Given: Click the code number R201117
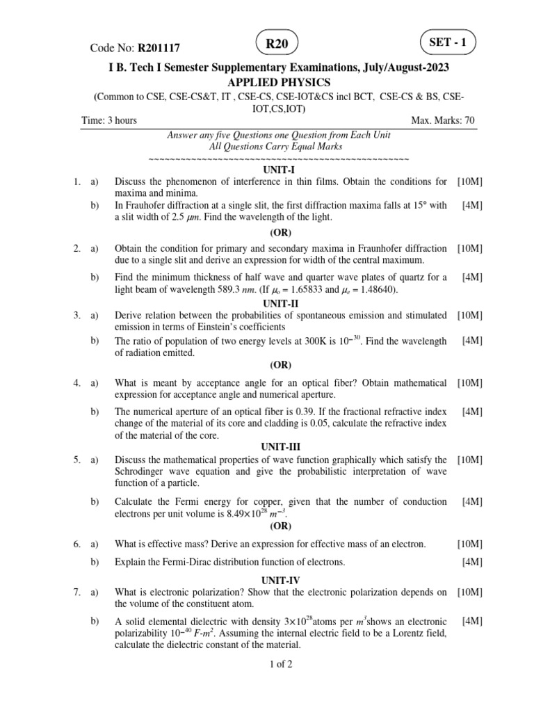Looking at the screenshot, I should coord(159,48).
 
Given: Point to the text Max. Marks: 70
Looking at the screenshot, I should coord(443,120).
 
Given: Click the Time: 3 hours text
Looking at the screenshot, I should coord(109,120).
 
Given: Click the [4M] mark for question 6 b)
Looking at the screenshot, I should coord(472,561).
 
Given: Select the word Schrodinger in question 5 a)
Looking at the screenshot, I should coord(143,471).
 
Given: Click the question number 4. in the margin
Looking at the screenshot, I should coord(76,382).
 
